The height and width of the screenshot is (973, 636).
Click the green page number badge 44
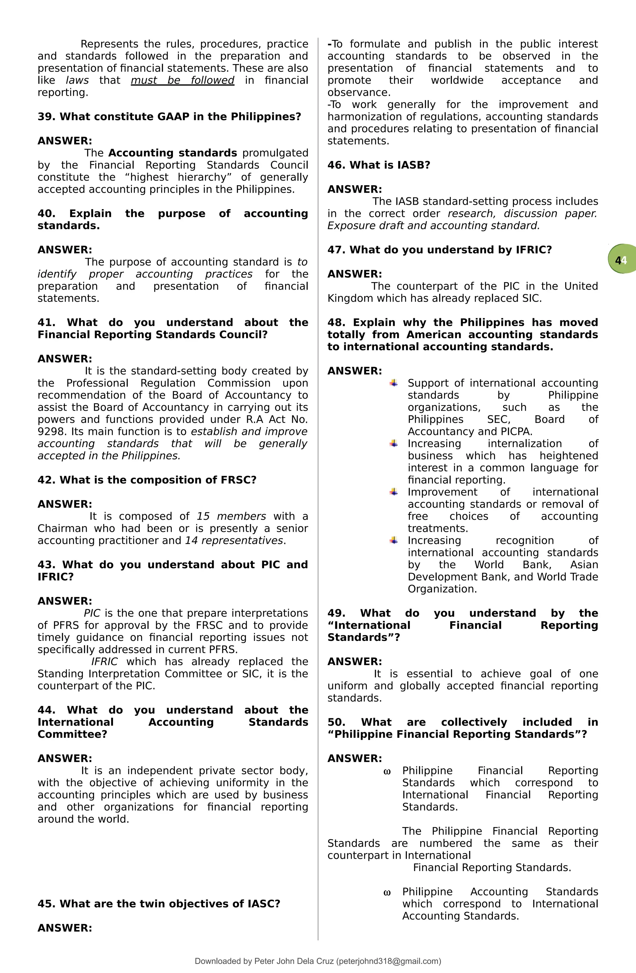[622, 260]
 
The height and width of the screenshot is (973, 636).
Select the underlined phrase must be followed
[182, 80]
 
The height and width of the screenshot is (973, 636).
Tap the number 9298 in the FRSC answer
[52, 432]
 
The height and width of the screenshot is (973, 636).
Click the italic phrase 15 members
[231, 516]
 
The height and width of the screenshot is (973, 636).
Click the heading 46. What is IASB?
[379, 165]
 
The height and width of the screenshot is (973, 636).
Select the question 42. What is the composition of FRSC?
[147, 480]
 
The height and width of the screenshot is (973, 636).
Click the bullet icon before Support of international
[393, 383]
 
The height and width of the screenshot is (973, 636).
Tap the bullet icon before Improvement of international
[393, 492]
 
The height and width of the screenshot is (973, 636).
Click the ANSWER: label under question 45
[65, 928]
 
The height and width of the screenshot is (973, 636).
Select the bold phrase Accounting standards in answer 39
[172, 153]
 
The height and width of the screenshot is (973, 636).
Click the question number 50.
[336, 722]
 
